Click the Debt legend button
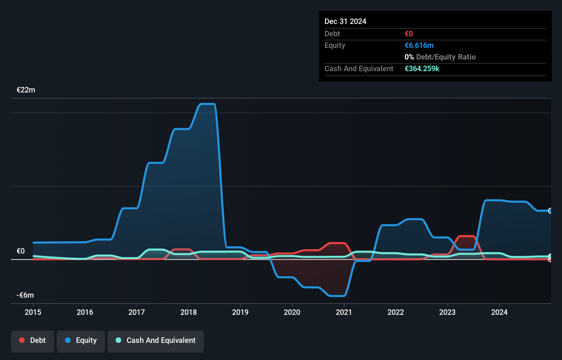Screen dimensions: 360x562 click(x=33, y=340)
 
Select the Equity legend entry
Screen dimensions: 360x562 click(x=81, y=340)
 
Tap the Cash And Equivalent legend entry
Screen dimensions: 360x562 click(x=156, y=340)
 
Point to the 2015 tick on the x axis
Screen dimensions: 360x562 click(x=33, y=312)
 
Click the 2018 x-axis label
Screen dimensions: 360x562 click(x=189, y=312)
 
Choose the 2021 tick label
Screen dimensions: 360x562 click(x=344, y=312)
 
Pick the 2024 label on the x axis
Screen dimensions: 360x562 click(x=499, y=312)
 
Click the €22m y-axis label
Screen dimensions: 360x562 click(x=26, y=90)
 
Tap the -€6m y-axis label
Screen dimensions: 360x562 click(x=25, y=295)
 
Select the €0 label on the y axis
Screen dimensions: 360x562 click(x=21, y=251)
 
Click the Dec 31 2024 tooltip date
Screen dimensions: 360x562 click(x=345, y=22)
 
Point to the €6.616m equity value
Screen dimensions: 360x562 click(x=419, y=46)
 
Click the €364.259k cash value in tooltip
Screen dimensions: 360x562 click(x=422, y=69)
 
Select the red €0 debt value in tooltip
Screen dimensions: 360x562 click(x=409, y=34)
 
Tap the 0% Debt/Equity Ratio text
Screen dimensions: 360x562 click(x=440, y=57)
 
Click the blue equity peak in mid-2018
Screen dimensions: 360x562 click(x=207, y=104)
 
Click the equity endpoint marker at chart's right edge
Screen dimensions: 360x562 click(x=550, y=211)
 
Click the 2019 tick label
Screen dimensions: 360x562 click(x=240, y=312)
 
